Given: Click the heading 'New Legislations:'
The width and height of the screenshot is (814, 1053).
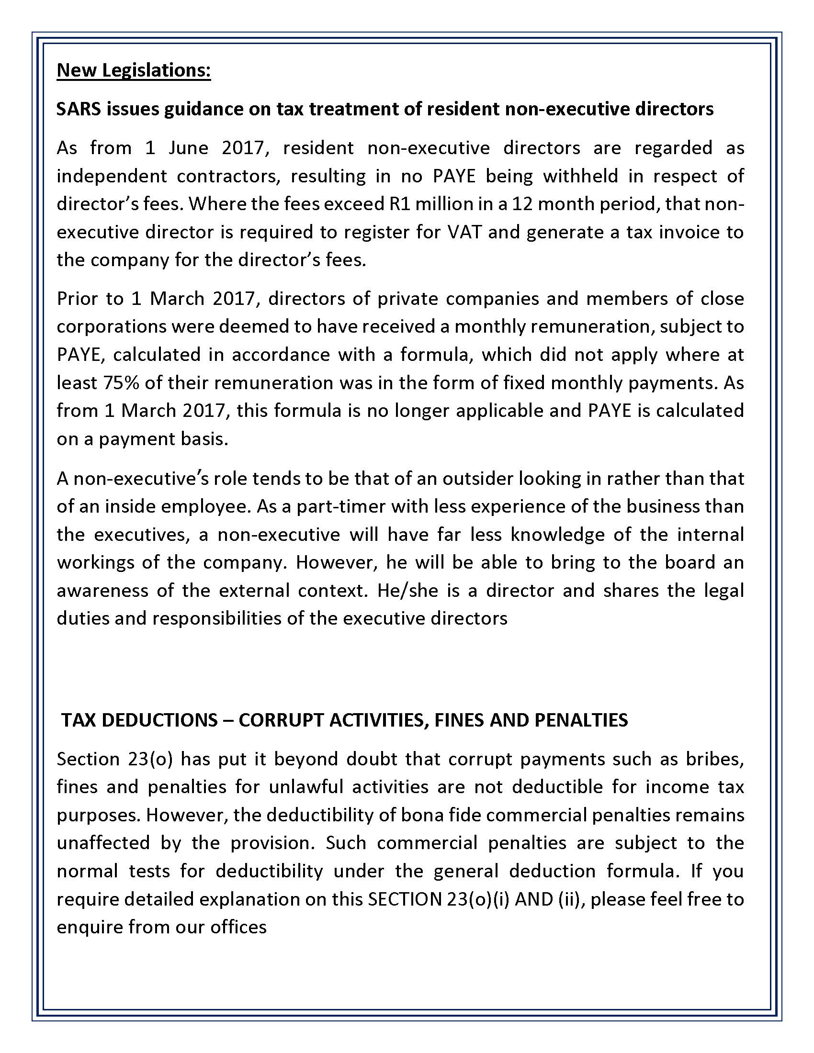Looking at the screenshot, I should (x=134, y=70).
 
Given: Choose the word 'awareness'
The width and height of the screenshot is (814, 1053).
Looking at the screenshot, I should (x=102, y=590).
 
